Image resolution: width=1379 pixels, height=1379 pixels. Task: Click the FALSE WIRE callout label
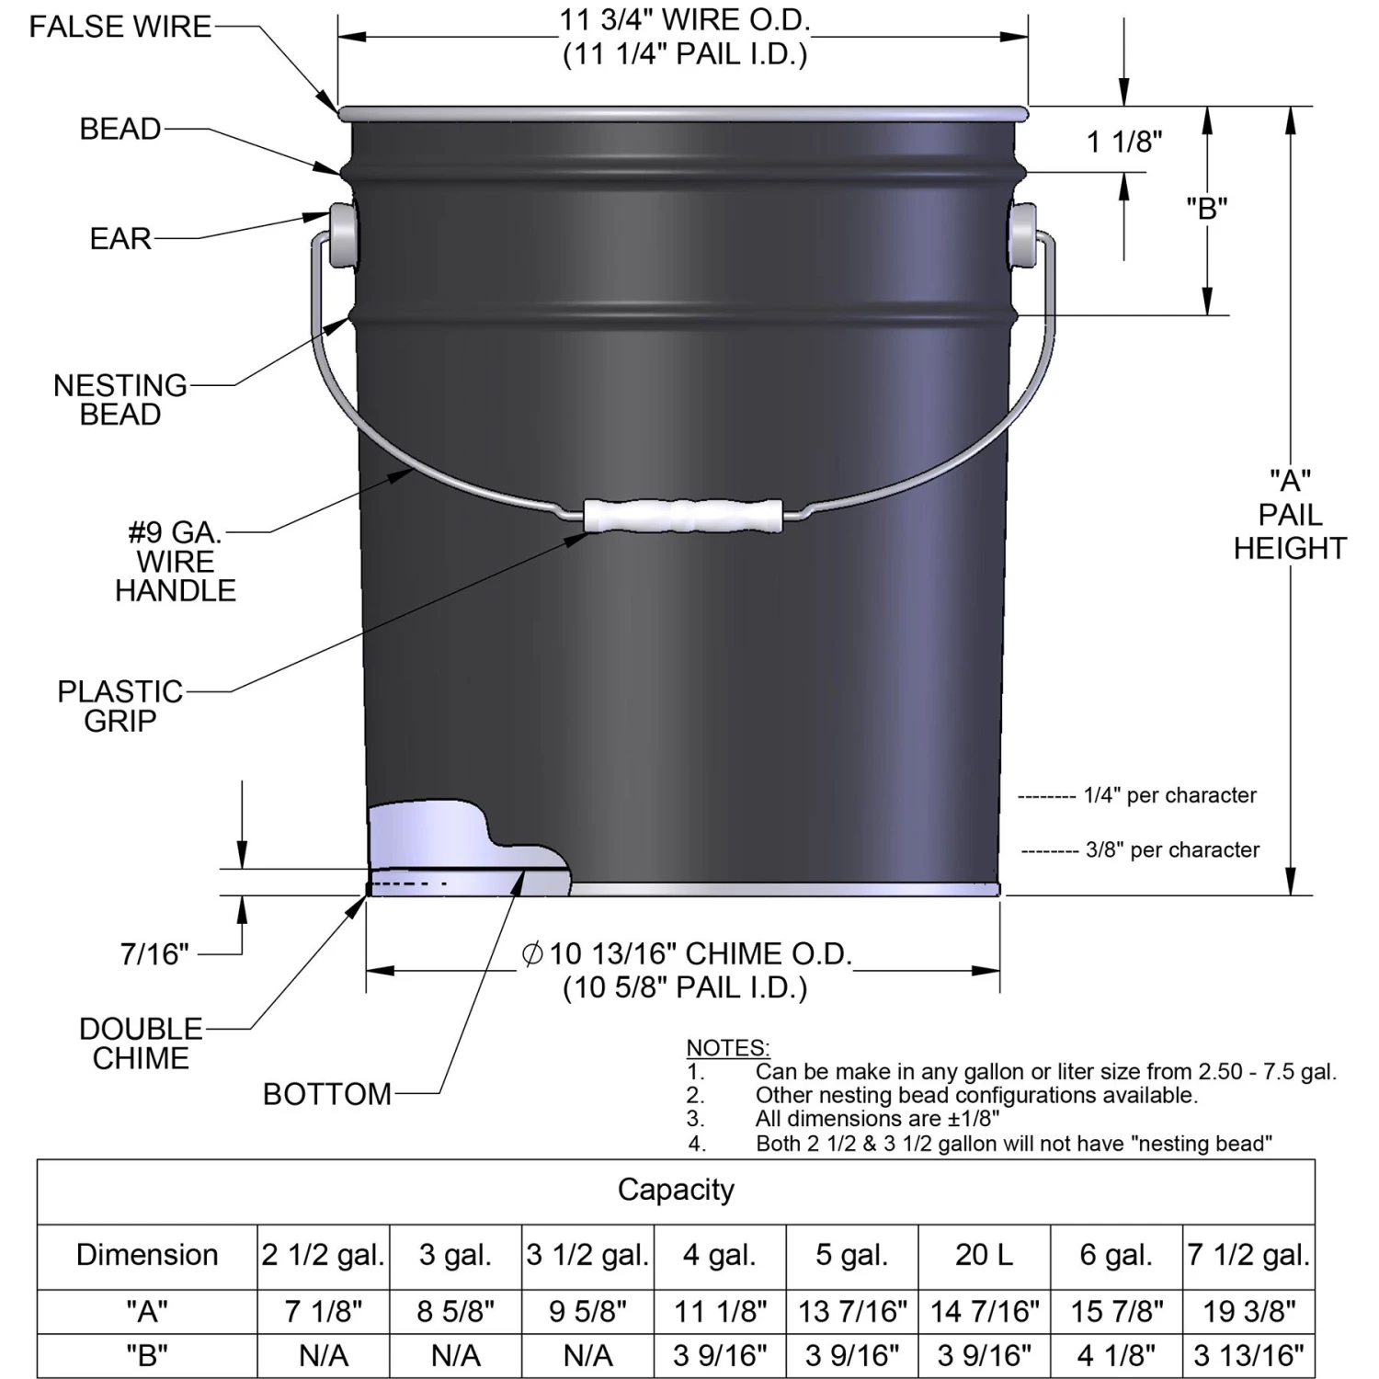(x=120, y=27)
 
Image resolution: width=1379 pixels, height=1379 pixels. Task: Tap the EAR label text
(x=120, y=239)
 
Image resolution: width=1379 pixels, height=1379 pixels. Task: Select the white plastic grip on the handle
(x=683, y=515)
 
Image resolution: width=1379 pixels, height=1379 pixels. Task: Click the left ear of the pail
(x=342, y=235)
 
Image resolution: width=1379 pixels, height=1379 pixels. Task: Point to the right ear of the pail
(x=1021, y=235)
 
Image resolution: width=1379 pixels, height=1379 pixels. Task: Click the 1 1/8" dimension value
(x=1124, y=142)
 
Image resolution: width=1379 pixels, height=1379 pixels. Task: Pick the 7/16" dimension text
(x=154, y=954)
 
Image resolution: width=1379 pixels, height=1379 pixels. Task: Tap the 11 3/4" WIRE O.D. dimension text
(x=685, y=20)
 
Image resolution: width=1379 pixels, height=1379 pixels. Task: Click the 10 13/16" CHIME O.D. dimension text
(x=699, y=954)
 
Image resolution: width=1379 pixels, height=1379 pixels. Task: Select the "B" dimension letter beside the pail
(x=1206, y=209)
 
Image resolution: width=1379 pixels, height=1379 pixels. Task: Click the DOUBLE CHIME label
(x=141, y=1043)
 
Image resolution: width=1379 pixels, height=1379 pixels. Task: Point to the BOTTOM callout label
(x=327, y=1094)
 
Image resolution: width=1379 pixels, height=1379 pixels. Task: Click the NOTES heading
(x=728, y=1048)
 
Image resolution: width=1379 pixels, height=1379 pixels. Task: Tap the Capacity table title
(x=676, y=1190)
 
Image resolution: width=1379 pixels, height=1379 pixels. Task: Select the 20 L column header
(x=984, y=1255)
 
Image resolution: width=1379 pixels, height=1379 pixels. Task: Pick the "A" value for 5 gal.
(x=852, y=1312)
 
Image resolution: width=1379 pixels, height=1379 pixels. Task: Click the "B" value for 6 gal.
(x=1116, y=1355)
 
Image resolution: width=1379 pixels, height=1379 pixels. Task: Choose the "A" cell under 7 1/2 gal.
(x=1248, y=1312)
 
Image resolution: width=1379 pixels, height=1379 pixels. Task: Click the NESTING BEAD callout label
(x=120, y=400)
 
